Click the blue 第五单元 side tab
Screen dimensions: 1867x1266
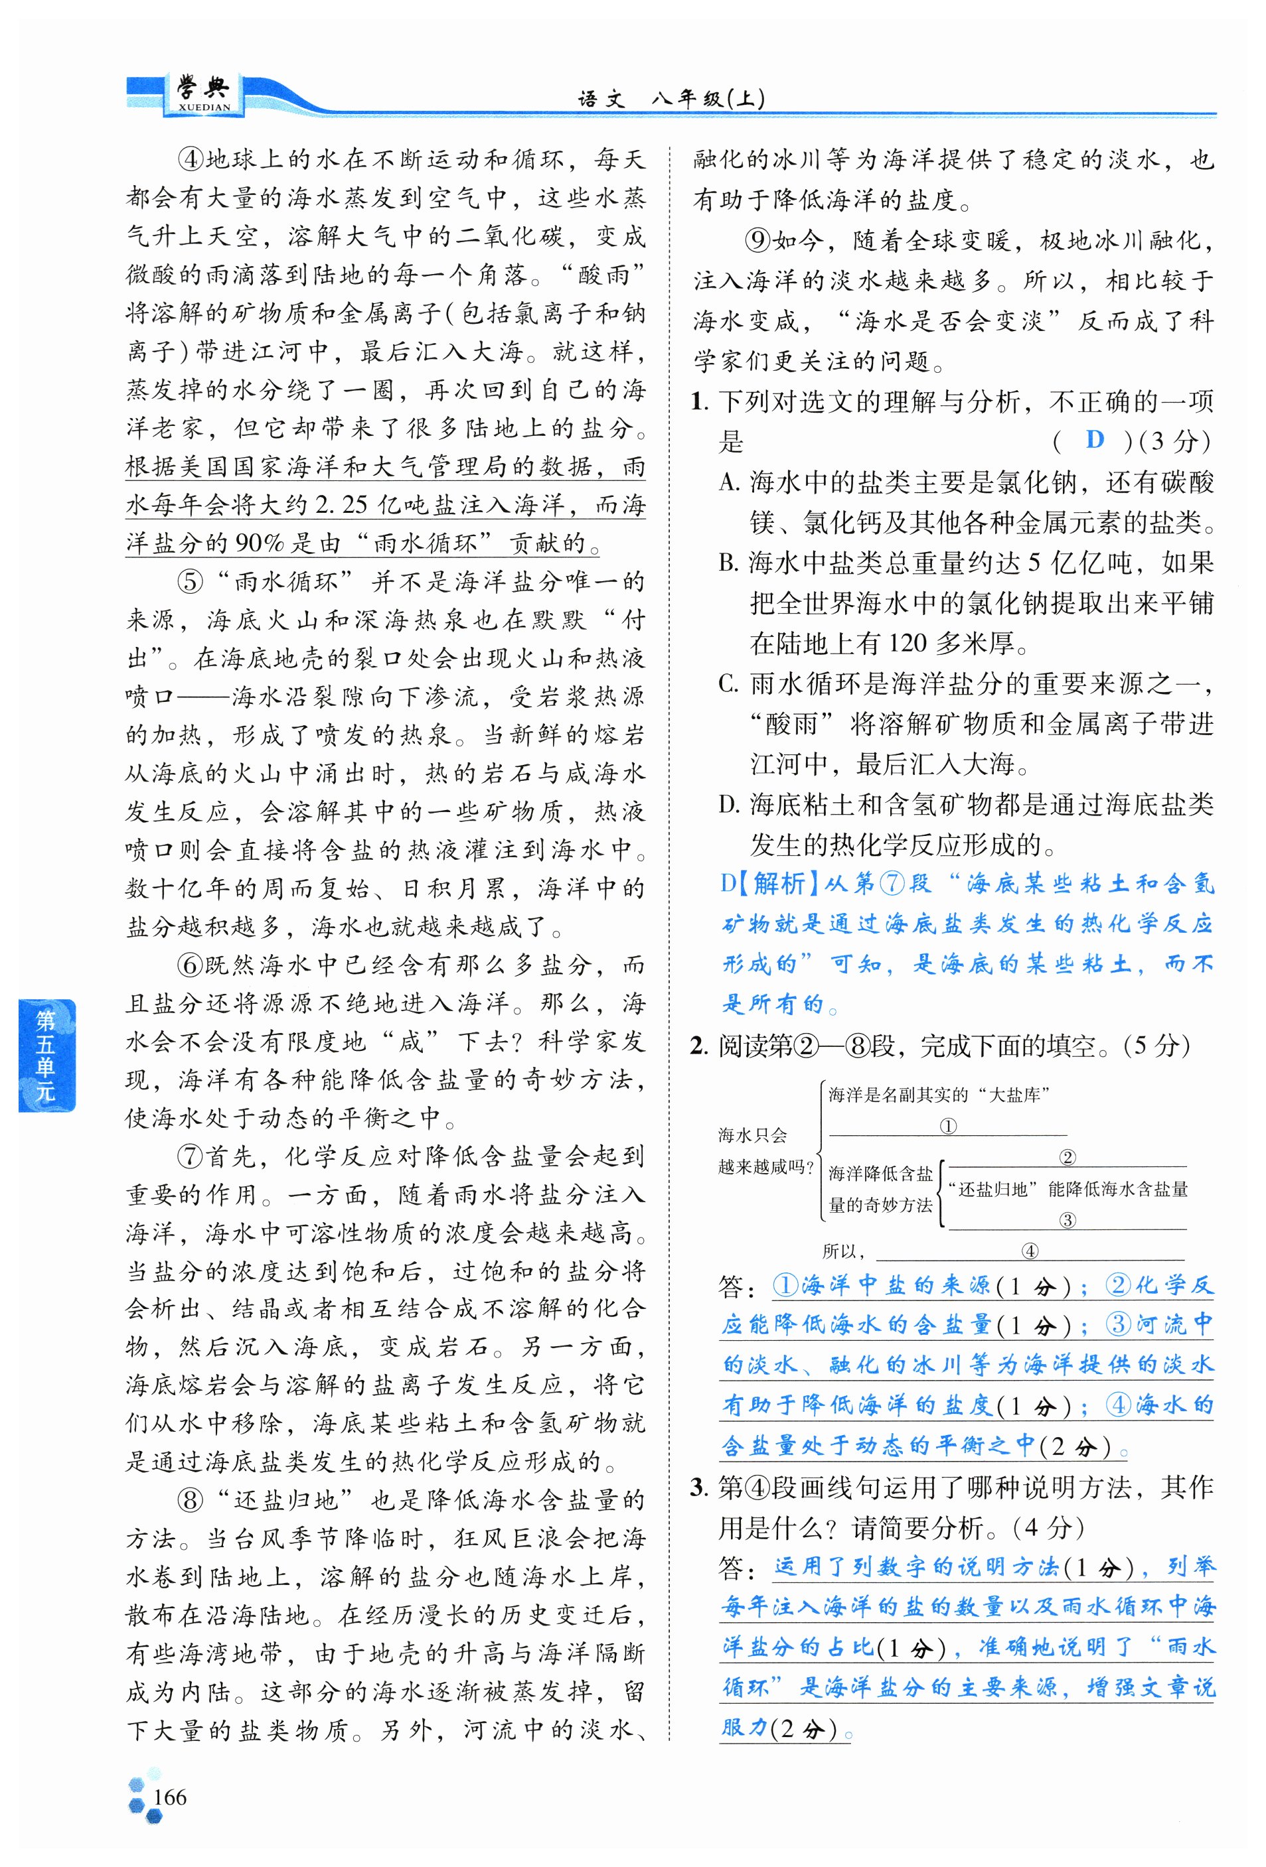tap(46, 1055)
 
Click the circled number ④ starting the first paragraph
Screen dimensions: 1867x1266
tap(191, 159)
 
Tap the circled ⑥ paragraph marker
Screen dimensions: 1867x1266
tap(191, 965)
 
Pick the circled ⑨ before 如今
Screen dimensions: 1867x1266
tap(758, 240)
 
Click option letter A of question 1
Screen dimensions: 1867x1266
tap(728, 482)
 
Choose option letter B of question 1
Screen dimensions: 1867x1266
tap(728, 563)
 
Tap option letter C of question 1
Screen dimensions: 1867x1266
tap(728, 683)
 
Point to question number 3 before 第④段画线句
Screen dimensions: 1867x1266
tap(698, 1487)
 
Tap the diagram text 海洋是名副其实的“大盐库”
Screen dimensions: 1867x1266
tap(939, 1094)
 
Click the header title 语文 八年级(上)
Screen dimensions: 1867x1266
tap(671, 99)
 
